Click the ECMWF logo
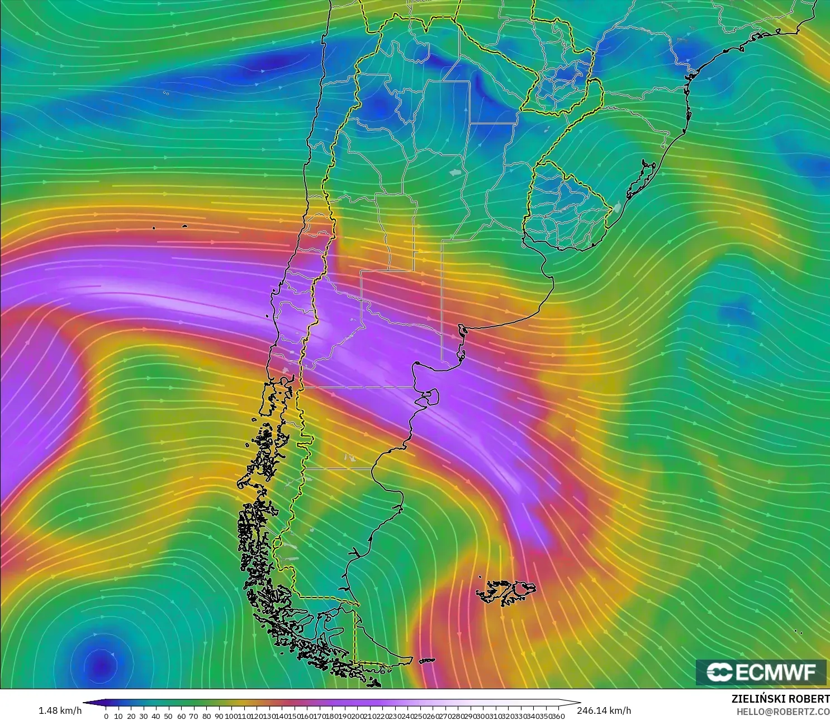[x=761, y=672]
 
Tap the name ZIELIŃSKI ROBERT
[x=780, y=699]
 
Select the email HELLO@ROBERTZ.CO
[x=782, y=711]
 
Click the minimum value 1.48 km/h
[x=60, y=710]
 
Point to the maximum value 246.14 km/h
[x=604, y=710]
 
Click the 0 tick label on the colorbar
[x=106, y=716]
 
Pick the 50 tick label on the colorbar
[x=168, y=716]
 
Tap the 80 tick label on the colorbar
[x=206, y=716]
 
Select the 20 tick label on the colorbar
[x=131, y=716]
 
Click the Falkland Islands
[x=506, y=592]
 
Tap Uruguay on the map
[x=565, y=207]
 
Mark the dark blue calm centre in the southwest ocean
[x=101, y=665]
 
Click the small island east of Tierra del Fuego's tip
[x=426, y=661]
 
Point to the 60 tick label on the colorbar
[x=181, y=716]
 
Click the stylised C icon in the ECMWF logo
[x=719, y=672]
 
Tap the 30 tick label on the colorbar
[x=144, y=716]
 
